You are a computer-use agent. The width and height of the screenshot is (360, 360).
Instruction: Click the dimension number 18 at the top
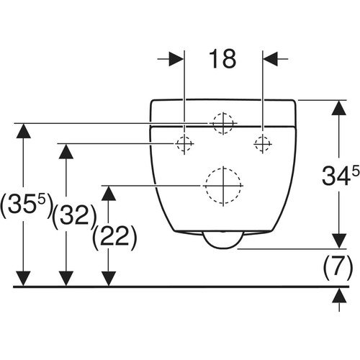coord(222,59)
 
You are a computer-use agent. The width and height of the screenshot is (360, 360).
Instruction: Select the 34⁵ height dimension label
coord(341,176)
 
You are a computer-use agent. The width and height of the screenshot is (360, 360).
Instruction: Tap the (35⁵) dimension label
coord(26,205)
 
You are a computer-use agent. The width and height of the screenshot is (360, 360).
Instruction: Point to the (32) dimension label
coord(74,217)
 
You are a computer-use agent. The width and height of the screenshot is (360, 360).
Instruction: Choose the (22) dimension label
coord(114,238)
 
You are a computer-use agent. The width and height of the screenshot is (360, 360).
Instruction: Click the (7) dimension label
coord(338,267)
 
